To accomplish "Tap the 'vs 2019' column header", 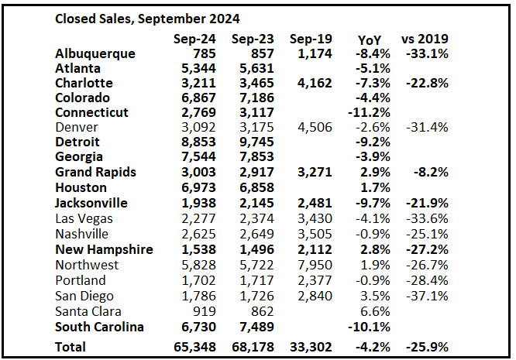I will (x=424, y=38).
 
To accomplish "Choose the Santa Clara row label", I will (x=89, y=310).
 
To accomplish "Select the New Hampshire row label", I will (x=104, y=249).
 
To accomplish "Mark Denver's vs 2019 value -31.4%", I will (x=426, y=128).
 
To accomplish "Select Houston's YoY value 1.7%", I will (x=372, y=188).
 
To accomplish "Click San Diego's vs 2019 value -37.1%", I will (x=426, y=295).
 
